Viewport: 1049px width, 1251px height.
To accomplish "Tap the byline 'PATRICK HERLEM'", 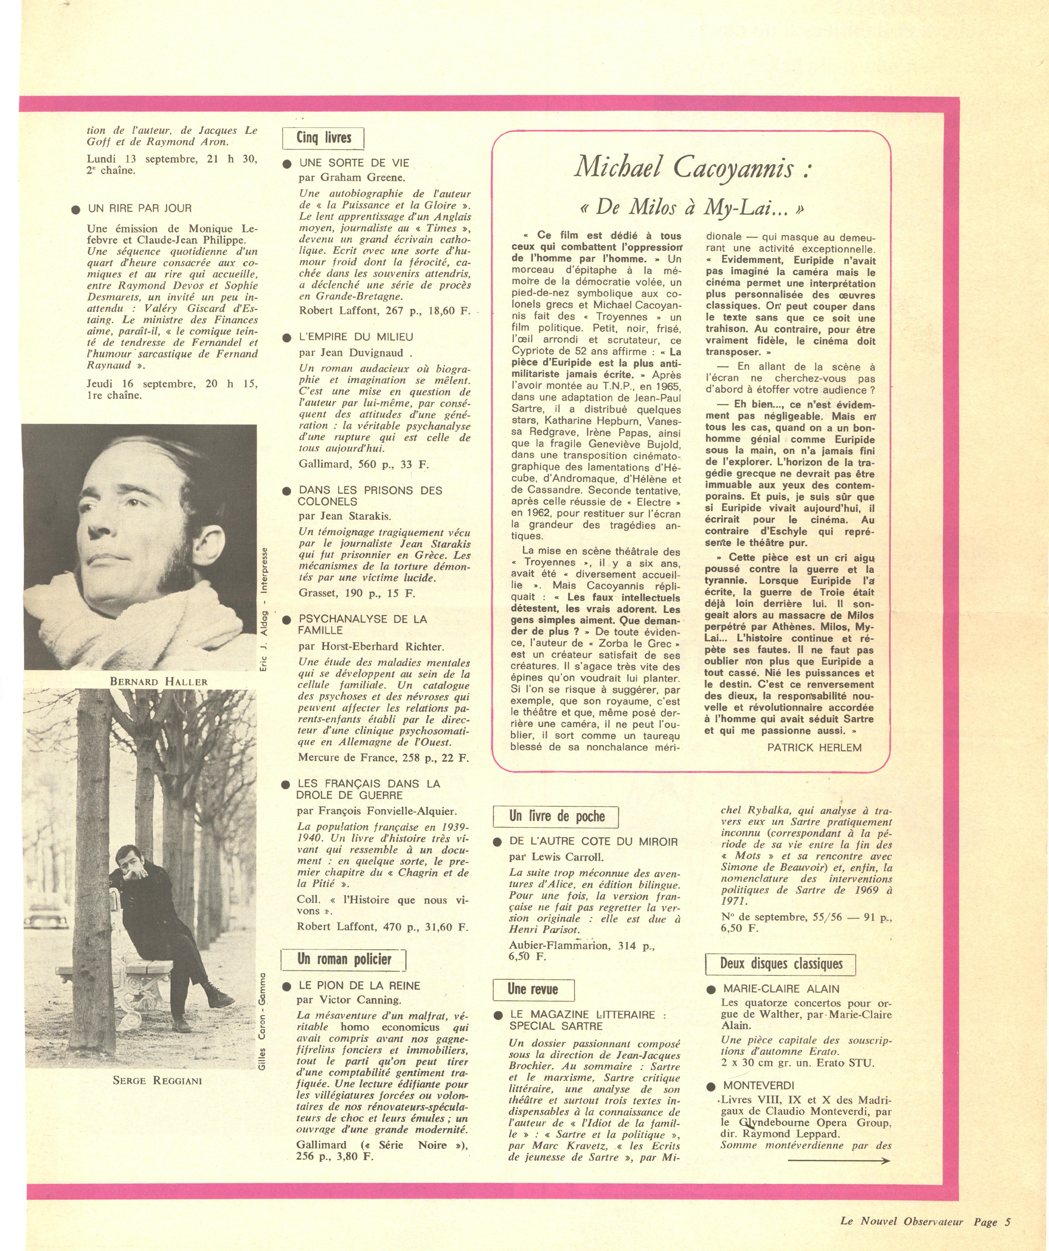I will tap(814, 747).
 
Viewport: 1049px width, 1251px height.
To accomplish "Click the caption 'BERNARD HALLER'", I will tap(158, 682).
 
